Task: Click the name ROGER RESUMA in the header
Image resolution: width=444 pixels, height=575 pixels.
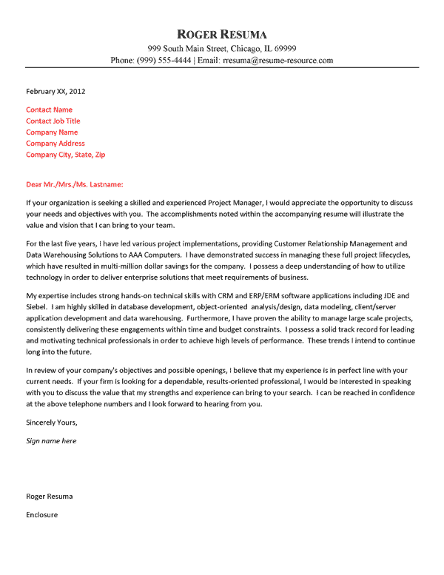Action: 222,34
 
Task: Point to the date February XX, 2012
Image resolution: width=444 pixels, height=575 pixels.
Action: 55,92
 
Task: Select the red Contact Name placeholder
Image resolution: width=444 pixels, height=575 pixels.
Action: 49,110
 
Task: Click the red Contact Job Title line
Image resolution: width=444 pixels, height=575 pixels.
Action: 53,121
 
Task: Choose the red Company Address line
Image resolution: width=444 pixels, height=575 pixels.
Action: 55,143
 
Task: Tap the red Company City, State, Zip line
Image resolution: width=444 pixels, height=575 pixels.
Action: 66,155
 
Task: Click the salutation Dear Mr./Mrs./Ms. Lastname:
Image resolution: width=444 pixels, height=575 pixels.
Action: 75,184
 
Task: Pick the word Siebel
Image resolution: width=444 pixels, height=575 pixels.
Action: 37,306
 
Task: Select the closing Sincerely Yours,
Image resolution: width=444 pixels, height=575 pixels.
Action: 51,423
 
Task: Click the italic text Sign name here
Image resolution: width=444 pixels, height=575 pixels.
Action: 51,441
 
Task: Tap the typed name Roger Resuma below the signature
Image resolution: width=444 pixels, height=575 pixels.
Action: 49,496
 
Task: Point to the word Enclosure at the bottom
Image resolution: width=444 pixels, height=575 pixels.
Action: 41,514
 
